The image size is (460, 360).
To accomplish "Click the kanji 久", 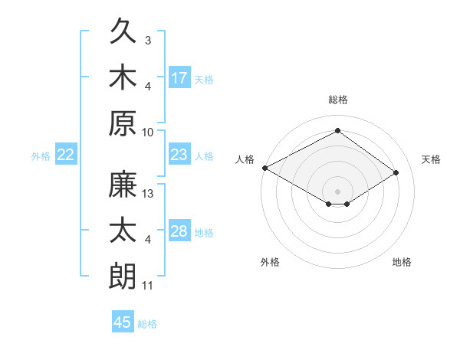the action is [x=123, y=31].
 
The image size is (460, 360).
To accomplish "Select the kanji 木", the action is [x=123, y=77].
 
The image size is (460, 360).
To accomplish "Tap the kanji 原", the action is [x=123, y=123].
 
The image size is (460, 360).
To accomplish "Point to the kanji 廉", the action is [x=123, y=184].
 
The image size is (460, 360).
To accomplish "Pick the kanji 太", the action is [x=123, y=230].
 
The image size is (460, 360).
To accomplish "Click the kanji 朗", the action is [x=123, y=276].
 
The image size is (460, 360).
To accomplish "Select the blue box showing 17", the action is [x=179, y=77].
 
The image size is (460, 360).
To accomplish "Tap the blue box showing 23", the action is [x=179, y=154].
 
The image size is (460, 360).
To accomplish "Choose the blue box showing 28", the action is [x=179, y=230].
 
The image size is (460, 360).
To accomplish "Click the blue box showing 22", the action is [x=66, y=154].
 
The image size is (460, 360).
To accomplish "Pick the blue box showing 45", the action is [x=123, y=321].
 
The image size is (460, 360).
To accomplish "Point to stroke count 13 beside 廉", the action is [x=147, y=194].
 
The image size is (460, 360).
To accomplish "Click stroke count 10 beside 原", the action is [x=147, y=133].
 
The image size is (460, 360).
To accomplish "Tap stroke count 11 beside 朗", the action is [x=147, y=286].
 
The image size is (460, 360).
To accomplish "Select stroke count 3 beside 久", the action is [x=148, y=41].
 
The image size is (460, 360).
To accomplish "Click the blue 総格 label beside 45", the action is [x=147, y=324].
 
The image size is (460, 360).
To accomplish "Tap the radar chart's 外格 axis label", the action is [x=270, y=262].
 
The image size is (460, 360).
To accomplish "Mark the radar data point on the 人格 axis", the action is [x=265, y=168].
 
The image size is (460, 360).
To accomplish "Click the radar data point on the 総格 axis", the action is [x=337, y=130].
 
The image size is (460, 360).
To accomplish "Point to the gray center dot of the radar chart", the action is [x=337, y=191].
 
